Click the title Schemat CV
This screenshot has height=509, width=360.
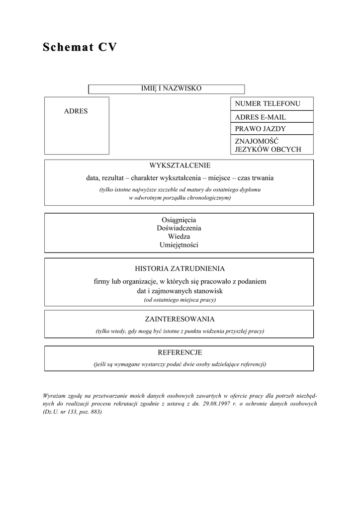tap(80, 48)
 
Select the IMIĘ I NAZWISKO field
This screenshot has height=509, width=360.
tap(172, 88)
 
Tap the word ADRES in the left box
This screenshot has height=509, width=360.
tap(76, 111)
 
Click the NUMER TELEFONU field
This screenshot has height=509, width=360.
tap(268, 104)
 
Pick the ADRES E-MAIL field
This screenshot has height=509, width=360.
tap(260, 117)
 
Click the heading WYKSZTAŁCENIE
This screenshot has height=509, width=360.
tap(180, 166)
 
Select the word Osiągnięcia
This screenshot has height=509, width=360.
tap(179, 220)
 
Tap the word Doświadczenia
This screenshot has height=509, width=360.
tap(179, 228)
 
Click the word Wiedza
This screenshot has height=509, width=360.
tap(179, 237)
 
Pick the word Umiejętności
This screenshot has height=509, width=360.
tap(179, 245)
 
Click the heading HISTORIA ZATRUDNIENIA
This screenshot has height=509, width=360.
tap(180, 268)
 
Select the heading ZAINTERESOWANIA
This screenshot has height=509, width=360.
tap(180, 319)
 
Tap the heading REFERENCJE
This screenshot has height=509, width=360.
tap(180, 352)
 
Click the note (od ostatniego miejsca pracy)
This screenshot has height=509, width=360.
tap(180, 300)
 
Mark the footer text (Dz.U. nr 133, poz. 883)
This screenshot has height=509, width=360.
tap(73, 413)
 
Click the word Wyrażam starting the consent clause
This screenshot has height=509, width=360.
tap(55, 396)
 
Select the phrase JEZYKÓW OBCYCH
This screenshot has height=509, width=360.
tap(268, 150)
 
